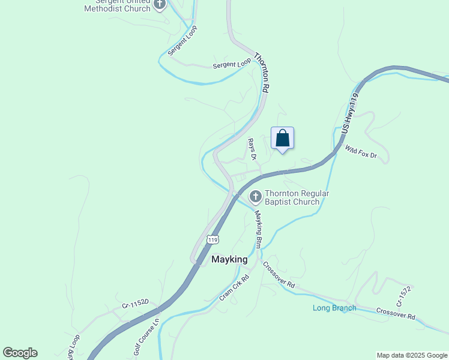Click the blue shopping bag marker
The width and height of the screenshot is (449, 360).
[283, 139]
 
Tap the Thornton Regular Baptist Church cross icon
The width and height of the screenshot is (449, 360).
[256, 196]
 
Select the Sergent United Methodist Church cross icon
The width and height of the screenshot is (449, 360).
[160, 4]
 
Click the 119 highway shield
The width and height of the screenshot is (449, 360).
[212, 239]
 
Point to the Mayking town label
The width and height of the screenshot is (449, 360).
[229, 260]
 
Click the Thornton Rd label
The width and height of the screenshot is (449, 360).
[262, 73]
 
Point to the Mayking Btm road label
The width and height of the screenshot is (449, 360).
[259, 229]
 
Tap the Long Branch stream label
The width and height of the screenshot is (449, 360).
[334, 308]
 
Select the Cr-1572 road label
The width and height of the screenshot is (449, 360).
[403, 297]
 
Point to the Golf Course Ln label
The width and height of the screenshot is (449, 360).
[146, 337]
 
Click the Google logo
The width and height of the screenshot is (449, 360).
[20, 353]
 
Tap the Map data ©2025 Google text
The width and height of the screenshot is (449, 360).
[411, 355]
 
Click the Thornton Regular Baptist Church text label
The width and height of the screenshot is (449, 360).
[293, 197]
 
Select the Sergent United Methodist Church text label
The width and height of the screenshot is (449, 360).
[117, 5]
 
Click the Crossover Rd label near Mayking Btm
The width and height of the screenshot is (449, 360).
[279, 276]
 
